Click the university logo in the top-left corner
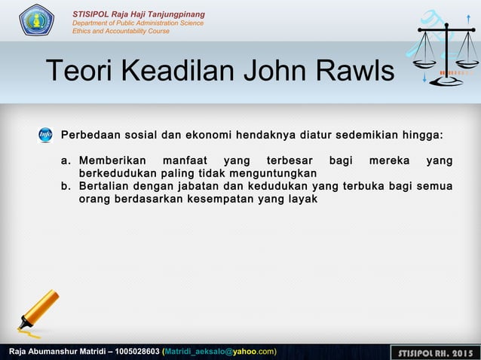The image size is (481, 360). pos(36,20)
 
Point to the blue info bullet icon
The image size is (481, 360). pos(45,136)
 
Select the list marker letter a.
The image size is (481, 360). pos(66,160)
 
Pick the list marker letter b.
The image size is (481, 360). pos(66,186)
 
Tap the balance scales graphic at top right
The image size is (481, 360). pos(447,51)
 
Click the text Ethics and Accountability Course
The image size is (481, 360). pos(121,31)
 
